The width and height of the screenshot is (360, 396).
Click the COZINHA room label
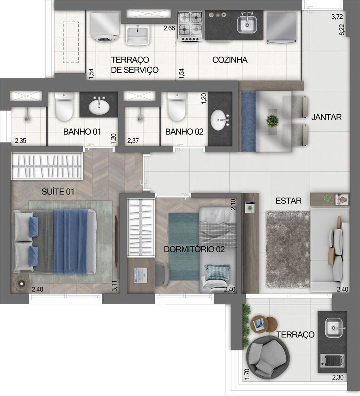pyautogui.click(x=230, y=60)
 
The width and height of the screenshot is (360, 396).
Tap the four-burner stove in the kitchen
pyautogui.click(x=190, y=26)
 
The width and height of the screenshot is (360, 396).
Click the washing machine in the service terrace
pyautogui.click(x=105, y=27)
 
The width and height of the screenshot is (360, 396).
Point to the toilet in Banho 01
pyautogui.click(x=64, y=106)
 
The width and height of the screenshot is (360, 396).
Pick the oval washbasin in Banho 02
pyautogui.click(x=220, y=120)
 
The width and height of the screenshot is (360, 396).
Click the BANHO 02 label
pyautogui.click(x=184, y=131)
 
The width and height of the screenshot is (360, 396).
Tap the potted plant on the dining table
pyautogui.click(x=273, y=120)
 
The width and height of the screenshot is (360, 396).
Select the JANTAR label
pyautogui.click(x=326, y=117)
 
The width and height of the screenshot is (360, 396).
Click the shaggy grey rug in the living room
pyautogui.click(x=288, y=249)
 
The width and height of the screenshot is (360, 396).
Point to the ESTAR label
pyautogui.click(x=288, y=201)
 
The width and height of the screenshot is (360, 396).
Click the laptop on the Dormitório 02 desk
pyautogui.click(x=141, y=275)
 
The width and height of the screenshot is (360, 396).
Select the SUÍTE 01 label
pyautogui.click(x=58, y=192)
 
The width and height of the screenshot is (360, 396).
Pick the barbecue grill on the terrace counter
pyautogui.click(x=332, y=361)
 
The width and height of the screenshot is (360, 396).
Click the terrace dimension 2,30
pyautogui.click(x=337, y=377)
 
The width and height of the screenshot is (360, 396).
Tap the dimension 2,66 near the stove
pyautogui.click(x=169, y=28)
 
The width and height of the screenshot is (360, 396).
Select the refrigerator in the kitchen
pyautogui.click(x=282, y=28)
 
